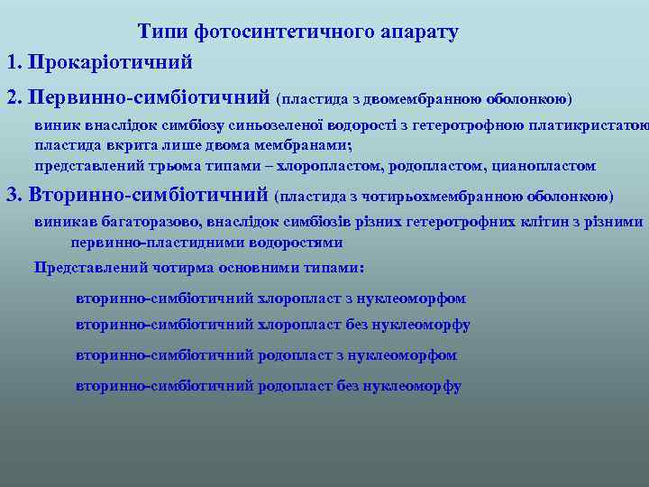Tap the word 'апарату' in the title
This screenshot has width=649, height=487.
tap(420, 32)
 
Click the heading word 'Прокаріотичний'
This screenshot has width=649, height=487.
tap(111, 63)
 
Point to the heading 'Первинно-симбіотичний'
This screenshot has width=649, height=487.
tap(149, 96)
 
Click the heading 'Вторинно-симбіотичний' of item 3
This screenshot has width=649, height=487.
tap(150, 195)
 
